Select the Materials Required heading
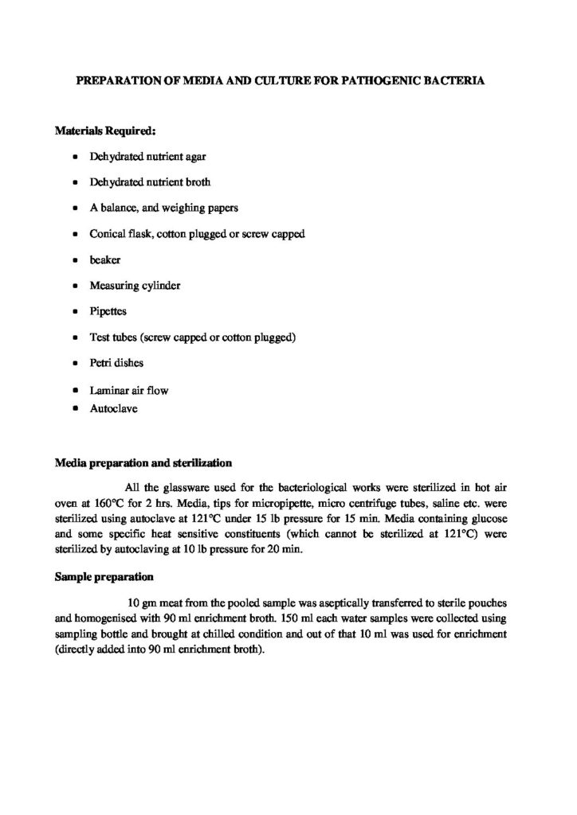pos(100,130)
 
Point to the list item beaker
pos(104,259)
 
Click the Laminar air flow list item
pos(128,391)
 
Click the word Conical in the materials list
pos(107,234)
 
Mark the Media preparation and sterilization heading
pos(143,462)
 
